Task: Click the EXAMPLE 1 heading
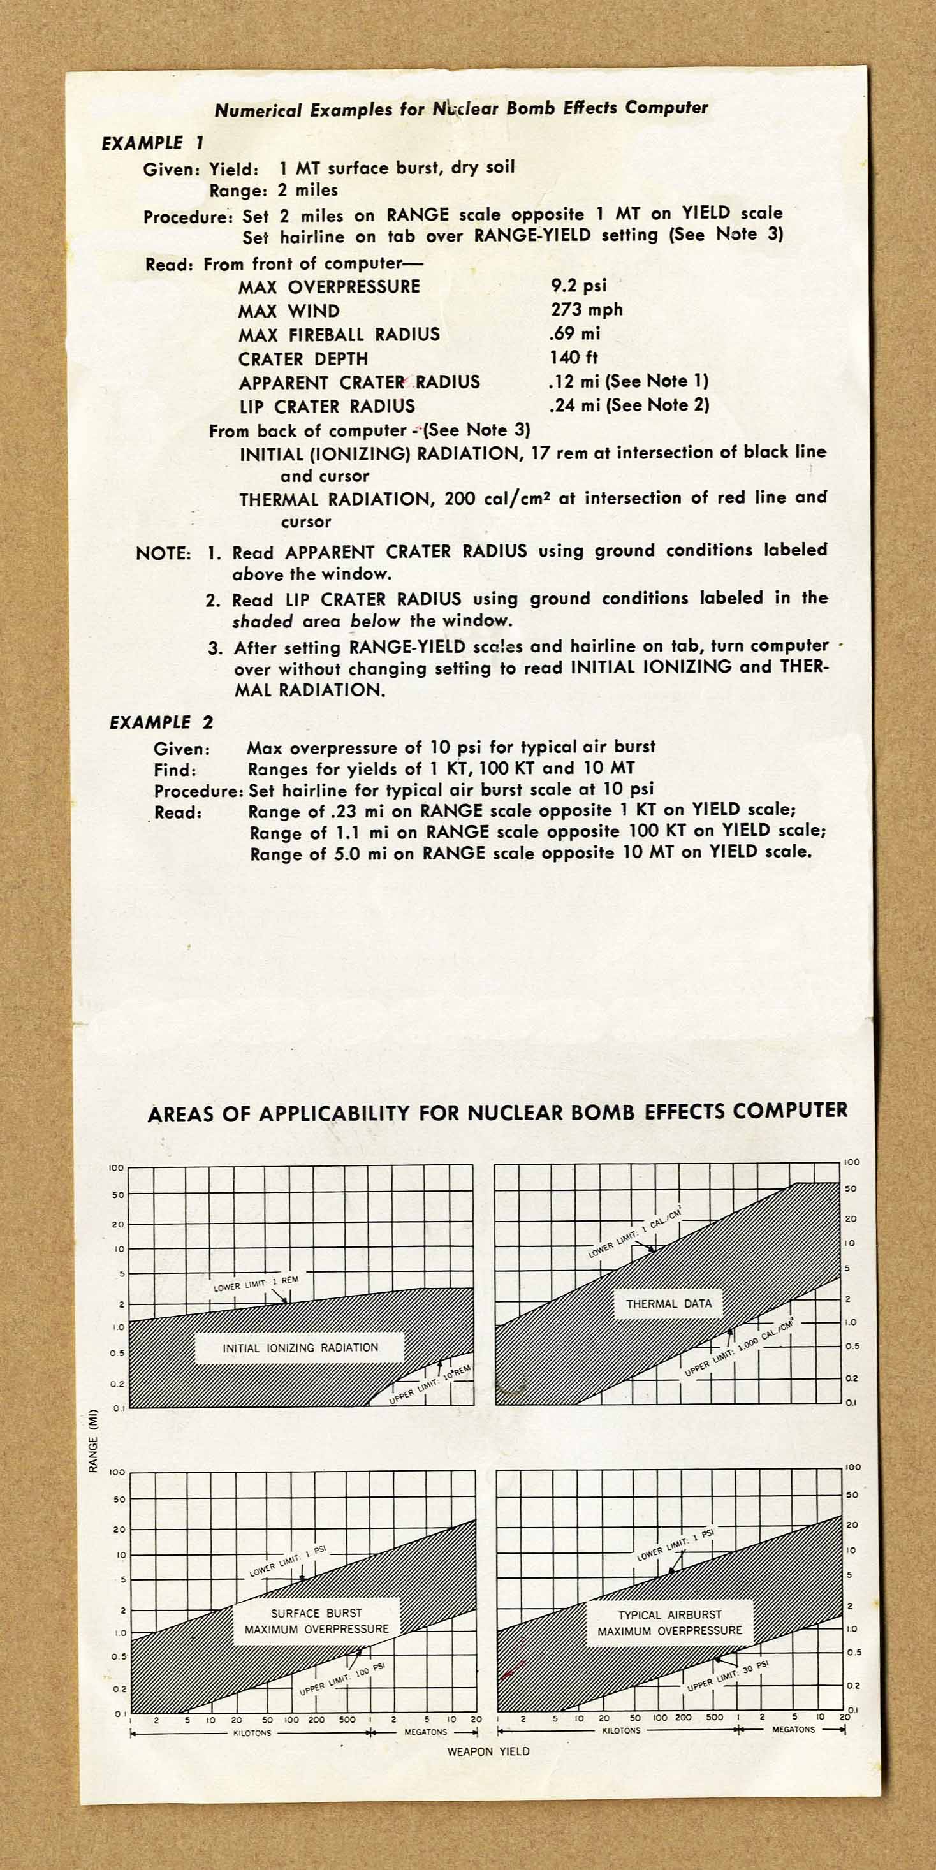pyautogui.click(x=152, y=143)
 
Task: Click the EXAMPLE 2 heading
pyautogui.click(x=161, y=722)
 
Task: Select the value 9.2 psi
pyautogui.click(x=578, y=285)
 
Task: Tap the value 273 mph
pyautogui.click(x=586, y=309)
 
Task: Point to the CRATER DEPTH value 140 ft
pyautogui.click(x=574, y=357)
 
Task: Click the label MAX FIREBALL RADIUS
pyautogui.click(x=339, y=335)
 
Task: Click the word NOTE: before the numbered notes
pyautogui.click(x=163, y=554)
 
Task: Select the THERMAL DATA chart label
pyautogui.click(x=669, y=1304)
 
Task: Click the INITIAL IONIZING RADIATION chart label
pyautogui.click(x=300, y=1348)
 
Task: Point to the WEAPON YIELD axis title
pyautogui.click(x=488, y=1751)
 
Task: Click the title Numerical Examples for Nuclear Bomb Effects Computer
pyautogui.click(x=461, y=109)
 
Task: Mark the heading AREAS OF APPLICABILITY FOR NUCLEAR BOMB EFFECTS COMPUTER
pyautogui.click(x=497, y=1113)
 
